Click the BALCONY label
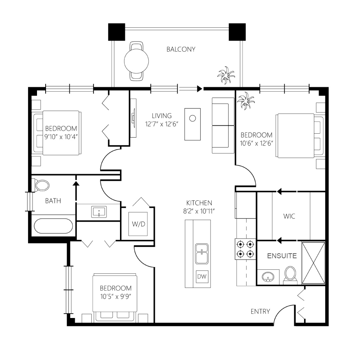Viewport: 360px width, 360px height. click(181, 49)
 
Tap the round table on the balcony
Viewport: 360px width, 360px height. click(136, 61)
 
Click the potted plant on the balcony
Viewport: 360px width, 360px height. click(226, 75)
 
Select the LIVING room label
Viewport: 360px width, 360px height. click(162, 115)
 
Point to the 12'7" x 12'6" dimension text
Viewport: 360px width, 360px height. click(162, 124)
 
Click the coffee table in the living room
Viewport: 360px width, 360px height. click(192, 124)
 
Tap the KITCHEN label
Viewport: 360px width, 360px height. click(199, 203)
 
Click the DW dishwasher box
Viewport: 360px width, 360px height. click(202, 276)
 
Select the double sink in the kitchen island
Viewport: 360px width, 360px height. click(202, 254)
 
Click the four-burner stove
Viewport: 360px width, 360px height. click(245, 249)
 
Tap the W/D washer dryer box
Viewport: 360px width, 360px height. click(138, 224)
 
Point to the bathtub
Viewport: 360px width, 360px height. click(53, 226)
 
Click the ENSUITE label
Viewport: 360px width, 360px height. click(282, 256)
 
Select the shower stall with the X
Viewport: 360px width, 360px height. click(313, 263)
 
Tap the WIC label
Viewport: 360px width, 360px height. click(289, 216)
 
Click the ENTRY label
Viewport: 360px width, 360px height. click(260, 312)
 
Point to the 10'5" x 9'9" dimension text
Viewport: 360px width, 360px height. click(116, 297)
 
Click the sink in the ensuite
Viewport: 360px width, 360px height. click(268, 277)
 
